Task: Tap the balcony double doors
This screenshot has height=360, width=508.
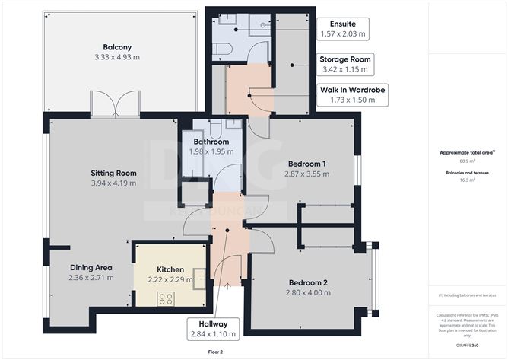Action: coord(116,104)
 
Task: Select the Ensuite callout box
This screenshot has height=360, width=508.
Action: coord(341,29)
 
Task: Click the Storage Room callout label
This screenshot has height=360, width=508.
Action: coord(344,64)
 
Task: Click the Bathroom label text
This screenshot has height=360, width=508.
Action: coord(211,142)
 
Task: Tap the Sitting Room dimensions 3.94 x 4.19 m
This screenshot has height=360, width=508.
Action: coord(114,183)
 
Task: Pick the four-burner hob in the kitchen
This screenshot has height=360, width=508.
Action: coord(166,298)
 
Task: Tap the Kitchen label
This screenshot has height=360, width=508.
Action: coord(170,269)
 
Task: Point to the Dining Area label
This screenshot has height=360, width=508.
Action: coord(91,267)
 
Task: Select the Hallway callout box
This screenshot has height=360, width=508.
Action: coord(213,328)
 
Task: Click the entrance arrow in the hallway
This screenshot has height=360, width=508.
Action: coord(230,286)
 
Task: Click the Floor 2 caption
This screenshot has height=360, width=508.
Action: coord(215,352)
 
